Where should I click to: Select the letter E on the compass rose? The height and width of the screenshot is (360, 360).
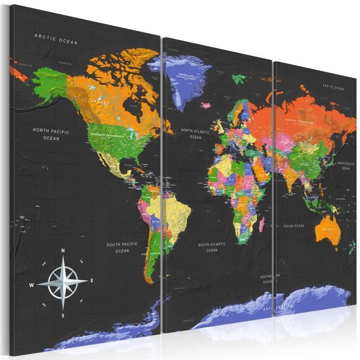pyautogui.click(x=92, y=280)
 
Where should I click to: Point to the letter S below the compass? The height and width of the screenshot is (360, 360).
pyautogui.click(x=63, y=315)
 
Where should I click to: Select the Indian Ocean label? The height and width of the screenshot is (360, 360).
pyautogui.click(x=294, y=226)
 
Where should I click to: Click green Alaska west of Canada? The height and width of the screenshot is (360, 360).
pyautogui.click(x=49, y=85)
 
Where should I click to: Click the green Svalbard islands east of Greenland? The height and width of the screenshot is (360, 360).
pyautogui.click(x=239, y=79)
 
